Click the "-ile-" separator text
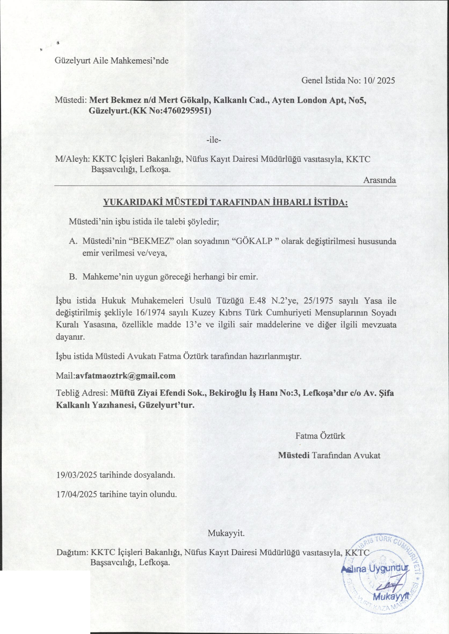click(x=214, y=140)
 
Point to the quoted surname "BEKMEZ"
click(x=151, y=241)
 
